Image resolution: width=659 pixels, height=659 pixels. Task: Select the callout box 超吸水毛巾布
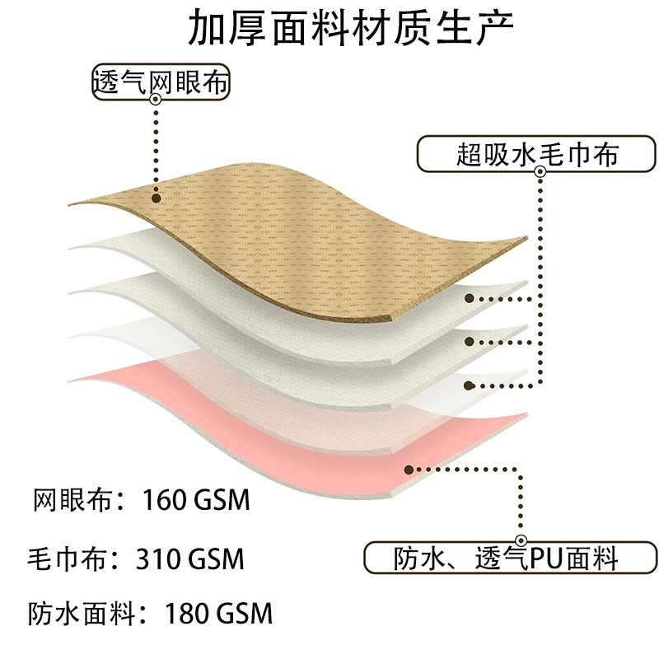(x=537, y=154)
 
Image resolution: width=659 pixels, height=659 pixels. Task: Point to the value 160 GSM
(x=196, y=501)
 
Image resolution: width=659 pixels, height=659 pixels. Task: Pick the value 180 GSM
(x=218, y=614)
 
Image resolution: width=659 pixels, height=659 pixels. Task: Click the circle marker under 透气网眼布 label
(x=156, y=99)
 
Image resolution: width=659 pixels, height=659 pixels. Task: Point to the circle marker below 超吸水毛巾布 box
(x=540, y=172)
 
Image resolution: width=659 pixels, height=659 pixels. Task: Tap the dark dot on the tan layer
(x=156, y=196)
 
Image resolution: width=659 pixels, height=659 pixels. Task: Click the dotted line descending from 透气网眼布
(x=156, y=148)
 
